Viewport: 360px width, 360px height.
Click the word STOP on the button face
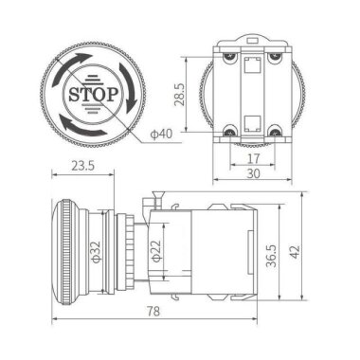[x=91, y=95]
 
